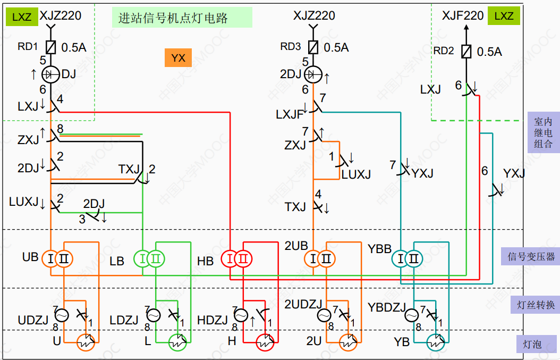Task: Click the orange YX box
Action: click(178, 57)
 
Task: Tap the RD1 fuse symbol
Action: click(50, 47)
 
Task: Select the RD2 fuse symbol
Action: click(466, 52)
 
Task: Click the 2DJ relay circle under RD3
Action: click(313, 74)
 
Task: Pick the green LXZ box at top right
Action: click(503, 16)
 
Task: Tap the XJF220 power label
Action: click(462, 16)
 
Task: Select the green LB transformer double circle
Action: click(149, 259)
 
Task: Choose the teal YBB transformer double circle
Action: click(407, 259)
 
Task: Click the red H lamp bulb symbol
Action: click(264, 343)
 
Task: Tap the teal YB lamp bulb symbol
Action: click(436, 343)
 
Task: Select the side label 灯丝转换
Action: click(536, 305)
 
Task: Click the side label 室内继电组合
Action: click(543, 132)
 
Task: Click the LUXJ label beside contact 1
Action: click(355, 174)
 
